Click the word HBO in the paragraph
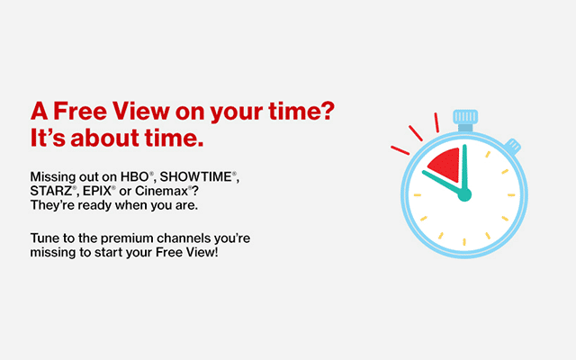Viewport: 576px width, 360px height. [x=134, y=176]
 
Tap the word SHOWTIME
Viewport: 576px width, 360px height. [x=195, y=176]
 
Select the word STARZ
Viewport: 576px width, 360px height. [x=50, y=191]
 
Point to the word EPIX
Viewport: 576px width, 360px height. [x=96, y=191]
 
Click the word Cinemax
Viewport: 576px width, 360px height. [x=161, y=191]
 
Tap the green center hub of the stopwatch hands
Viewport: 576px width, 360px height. [x=464, y=194]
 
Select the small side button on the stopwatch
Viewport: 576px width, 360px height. [x=513, y=146]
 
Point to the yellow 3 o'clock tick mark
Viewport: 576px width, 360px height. [x=511, y=195]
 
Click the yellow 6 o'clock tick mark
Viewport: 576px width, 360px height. [x=464, y=242]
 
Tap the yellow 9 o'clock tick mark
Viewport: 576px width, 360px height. [x=418, y=195]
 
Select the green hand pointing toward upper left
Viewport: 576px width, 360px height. [x=443, y=182]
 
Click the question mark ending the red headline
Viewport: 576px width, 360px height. [x=328, y=111]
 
